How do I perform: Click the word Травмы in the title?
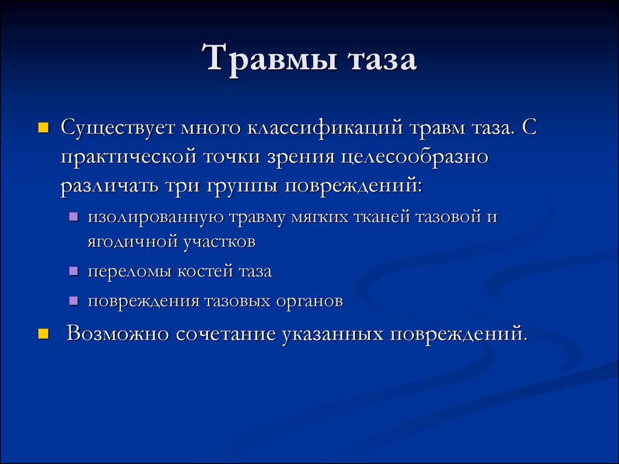267,60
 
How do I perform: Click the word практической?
129,157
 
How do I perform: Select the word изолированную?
149,217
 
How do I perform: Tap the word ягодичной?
131,243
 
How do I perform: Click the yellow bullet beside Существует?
43,128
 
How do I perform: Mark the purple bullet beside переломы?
73,272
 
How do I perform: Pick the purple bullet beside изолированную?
73,217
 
